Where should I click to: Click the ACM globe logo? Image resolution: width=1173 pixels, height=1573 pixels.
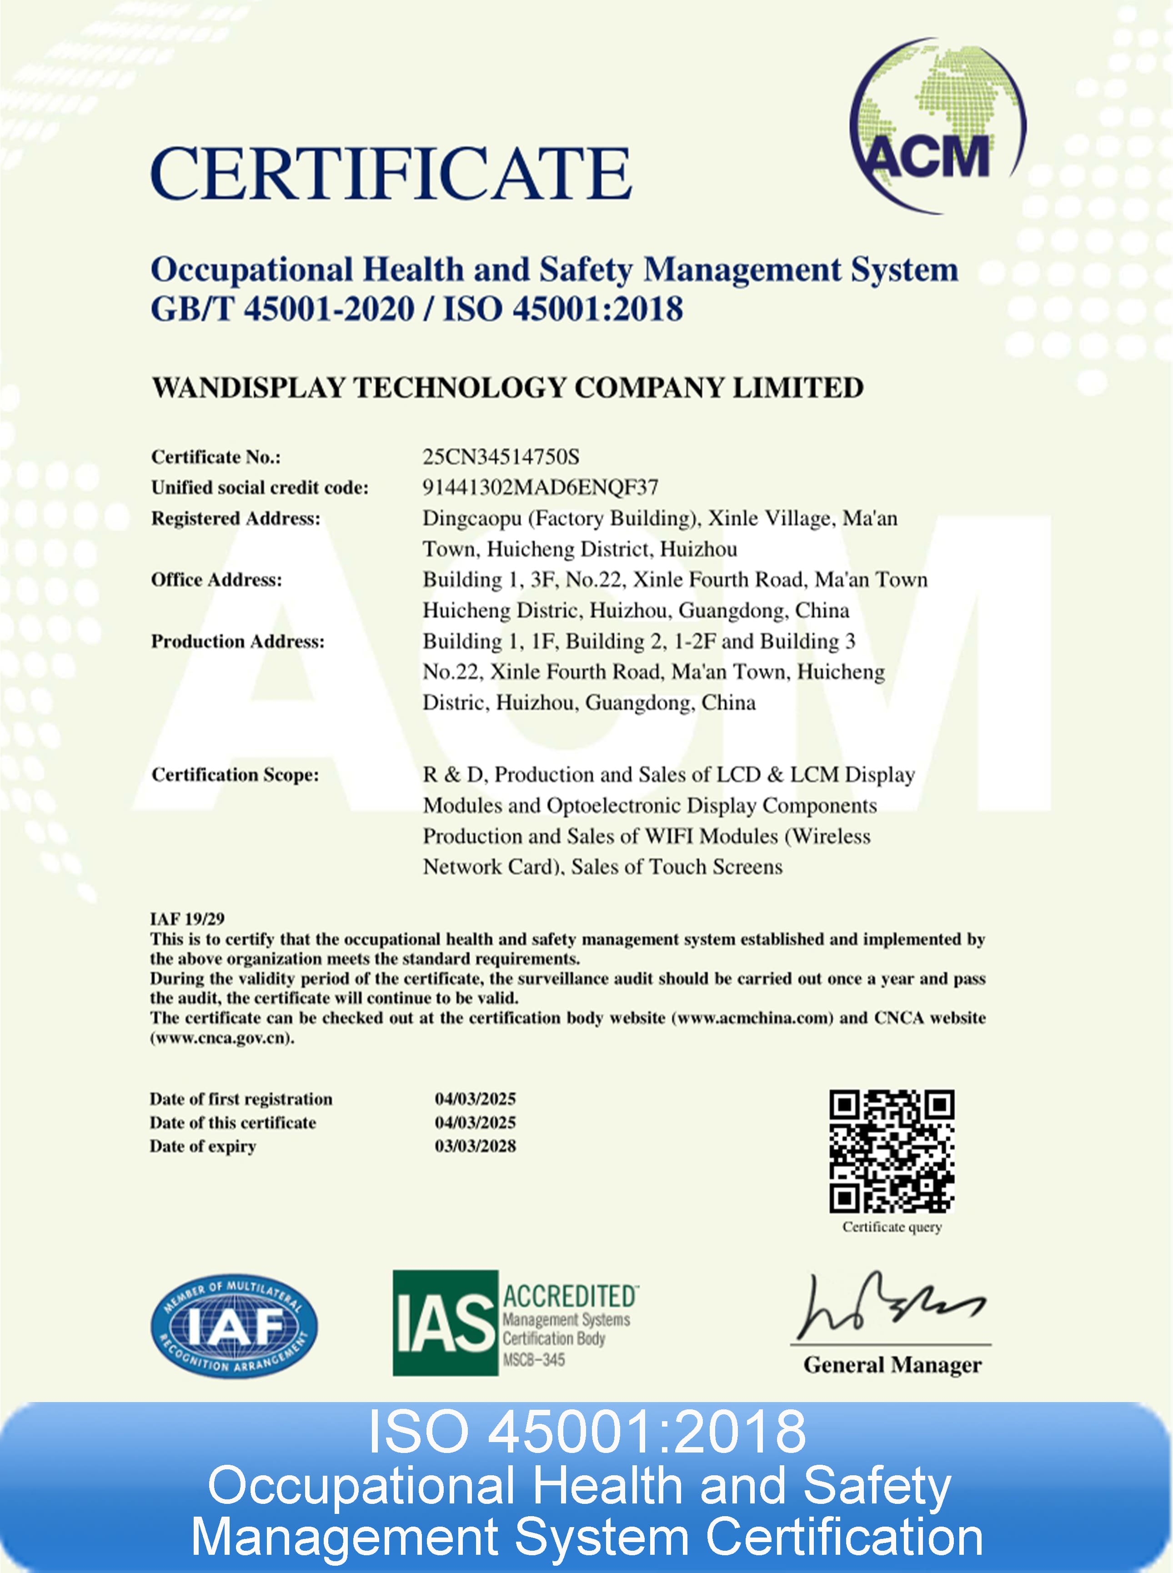(937, 126)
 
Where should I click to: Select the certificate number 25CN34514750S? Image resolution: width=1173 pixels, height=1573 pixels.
(501, 456)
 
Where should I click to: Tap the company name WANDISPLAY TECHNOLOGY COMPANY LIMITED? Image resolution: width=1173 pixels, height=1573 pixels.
(508, 388)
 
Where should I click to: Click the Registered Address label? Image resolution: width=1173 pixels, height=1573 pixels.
(236, 519)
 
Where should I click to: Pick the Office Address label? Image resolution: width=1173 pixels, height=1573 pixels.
(216, 580)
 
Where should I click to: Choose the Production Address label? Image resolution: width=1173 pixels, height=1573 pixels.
(238, 641)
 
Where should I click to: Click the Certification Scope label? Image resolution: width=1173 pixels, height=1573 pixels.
(235, 774)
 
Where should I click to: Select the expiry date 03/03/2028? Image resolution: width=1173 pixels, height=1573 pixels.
(475, 1146)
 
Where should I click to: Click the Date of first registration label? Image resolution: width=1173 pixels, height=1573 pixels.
(241, 1099)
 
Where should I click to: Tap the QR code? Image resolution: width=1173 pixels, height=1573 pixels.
(892, 1152)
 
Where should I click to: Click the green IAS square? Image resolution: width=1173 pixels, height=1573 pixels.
(445, 1323)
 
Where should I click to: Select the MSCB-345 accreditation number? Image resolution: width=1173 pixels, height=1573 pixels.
(534, 1360)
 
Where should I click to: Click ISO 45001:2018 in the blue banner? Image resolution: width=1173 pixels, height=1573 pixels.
(586, 1431)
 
